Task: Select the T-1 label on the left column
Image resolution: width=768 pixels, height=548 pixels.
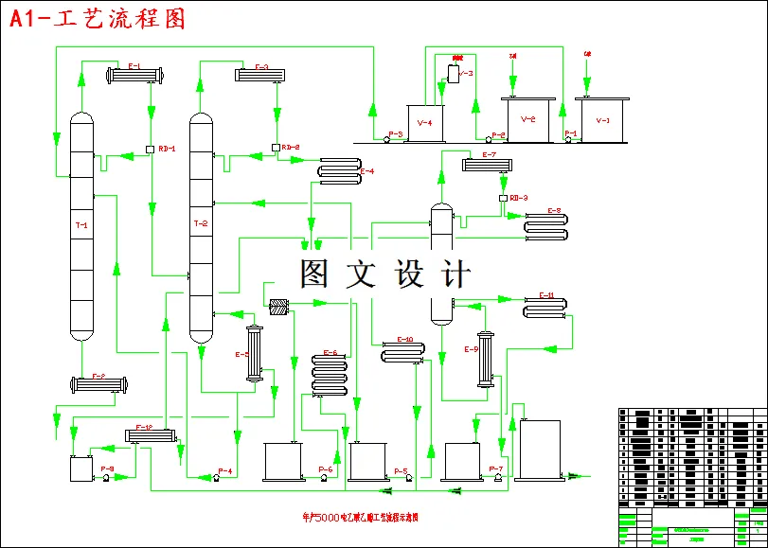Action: coord(81,225)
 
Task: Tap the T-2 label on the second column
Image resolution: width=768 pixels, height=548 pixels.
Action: coord(200,223)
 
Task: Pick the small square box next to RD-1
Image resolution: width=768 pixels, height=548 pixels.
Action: coord(151,148)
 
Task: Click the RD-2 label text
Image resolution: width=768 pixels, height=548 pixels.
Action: coord(291,147)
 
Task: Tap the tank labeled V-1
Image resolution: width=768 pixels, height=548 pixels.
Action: coord(603,120)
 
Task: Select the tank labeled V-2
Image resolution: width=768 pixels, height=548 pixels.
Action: coord(527,119)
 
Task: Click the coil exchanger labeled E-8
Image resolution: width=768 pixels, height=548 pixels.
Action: coord(546,225)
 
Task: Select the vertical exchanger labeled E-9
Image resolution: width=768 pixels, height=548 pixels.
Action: coord(487,358)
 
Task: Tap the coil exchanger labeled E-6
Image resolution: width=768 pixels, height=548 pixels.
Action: coord(327,375)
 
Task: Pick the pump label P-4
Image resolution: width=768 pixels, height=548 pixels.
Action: coord(225,470)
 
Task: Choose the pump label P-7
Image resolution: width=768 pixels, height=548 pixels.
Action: coord(496,470)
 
